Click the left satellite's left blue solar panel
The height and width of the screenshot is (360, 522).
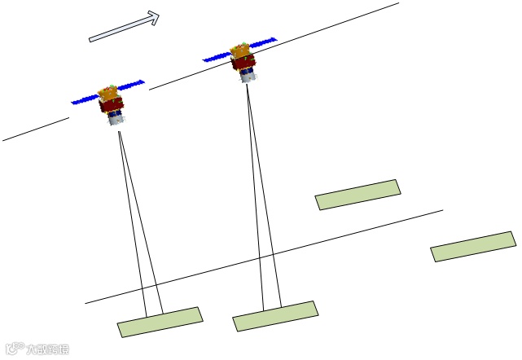(85, 99)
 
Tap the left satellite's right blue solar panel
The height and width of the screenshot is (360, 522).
(132, 84)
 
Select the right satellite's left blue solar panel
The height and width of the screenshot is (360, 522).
(216, 57)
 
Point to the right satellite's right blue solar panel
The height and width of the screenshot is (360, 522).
(263, 40)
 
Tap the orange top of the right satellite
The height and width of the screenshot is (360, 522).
(240, 50)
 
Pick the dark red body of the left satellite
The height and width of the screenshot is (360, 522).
(112, 105)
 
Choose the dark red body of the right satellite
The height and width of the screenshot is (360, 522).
(243, 63)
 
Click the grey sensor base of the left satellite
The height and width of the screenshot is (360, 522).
(116, 120)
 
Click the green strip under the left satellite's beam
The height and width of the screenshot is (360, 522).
(160, 322)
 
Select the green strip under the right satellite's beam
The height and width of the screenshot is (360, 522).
(275, 316)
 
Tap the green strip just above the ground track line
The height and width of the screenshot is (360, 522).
(358, 195)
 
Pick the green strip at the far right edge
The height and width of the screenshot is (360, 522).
(473, 246)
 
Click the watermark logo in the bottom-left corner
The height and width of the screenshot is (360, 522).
(37, 349)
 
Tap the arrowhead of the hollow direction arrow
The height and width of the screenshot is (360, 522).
(151, 17)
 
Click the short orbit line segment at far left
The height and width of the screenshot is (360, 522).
(36, 130)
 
